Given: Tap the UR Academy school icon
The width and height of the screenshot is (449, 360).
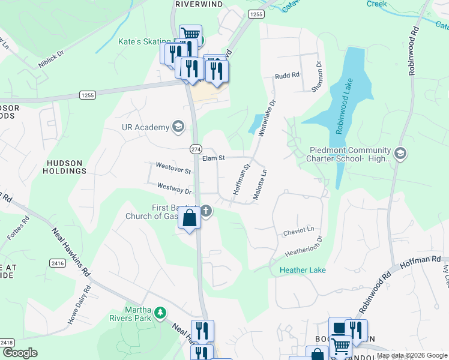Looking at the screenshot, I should tap(178, 127).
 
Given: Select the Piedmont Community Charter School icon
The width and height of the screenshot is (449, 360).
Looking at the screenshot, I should tap(400, 154).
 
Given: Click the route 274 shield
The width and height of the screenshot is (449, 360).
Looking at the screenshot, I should tap(196, 149).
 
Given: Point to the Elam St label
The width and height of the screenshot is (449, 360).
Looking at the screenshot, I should tap(213, 158).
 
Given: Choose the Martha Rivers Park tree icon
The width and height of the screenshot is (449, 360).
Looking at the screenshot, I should tap(160, 313).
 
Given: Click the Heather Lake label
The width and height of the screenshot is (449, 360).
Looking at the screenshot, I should tap(303, 271).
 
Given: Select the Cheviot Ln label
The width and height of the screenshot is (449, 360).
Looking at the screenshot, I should tap(298, 230).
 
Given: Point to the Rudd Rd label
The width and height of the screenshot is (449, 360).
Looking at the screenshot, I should tap(287, 76).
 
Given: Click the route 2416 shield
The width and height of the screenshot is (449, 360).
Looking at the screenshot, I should tap(58, 263).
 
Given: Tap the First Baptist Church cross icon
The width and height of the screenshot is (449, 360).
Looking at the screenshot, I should tap(206, 211).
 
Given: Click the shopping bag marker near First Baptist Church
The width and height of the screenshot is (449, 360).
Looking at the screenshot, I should tap(189, 219).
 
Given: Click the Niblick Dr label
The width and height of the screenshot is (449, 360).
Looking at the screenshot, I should tap(52, 60).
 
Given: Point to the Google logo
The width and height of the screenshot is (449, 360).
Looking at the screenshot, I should tap(20, 353).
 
